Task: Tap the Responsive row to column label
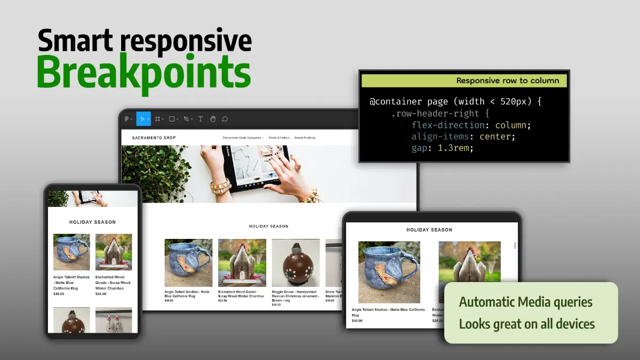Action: coord(507,81)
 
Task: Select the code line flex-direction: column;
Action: coord(471,125)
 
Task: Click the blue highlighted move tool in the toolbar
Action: coord(143,119)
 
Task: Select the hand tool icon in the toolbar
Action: coord(212,119)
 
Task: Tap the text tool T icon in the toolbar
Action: coord(201,119)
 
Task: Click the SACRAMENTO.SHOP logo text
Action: coord(154,138)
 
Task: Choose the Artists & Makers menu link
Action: coord(279,138)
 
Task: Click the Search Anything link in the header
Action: coord(305,138)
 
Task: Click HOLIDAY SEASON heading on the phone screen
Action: coord(92,222)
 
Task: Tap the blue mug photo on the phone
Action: coord(71,252)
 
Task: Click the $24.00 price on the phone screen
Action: coord(101,294)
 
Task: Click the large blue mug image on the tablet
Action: coord(389,271)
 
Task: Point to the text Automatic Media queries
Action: coord(525,302)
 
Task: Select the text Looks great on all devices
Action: coord(526,324)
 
